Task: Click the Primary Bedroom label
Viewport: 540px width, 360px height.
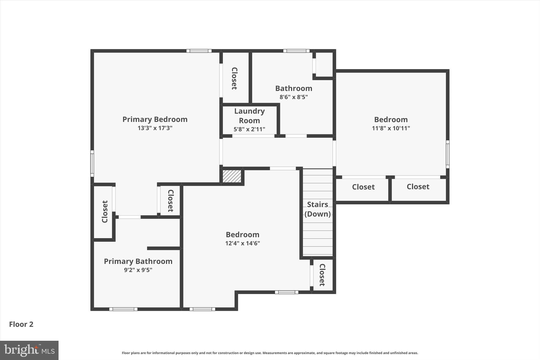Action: click(x=155, y=119)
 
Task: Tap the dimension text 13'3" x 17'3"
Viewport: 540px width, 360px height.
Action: click(x=155, y=128)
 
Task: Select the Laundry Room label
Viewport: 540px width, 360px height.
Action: click(x=249, y=116)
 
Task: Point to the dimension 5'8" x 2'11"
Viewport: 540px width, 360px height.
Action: click(x=249, y=129)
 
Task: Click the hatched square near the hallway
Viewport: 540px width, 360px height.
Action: click(x=232, y=176)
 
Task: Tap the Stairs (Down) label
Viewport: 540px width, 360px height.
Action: click(x=317, y=209)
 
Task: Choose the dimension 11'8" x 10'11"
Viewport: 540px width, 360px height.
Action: click(x=391, y=128)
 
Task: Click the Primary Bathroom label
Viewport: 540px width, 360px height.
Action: click(x=138, y=261)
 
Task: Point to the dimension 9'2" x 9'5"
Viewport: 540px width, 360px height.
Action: click(x=138, y=270)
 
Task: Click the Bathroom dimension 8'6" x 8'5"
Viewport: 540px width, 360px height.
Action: click(x=293, y=97)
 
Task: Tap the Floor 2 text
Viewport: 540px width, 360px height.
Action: click(x=21, y=324)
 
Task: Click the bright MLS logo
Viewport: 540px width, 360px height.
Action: click(x=29, y=350)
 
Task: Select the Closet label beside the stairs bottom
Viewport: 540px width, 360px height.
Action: click(x=322, y=275)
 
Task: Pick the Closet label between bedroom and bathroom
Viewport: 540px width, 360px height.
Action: click(x=234, y=78)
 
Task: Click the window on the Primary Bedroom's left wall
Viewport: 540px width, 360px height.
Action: click(x=92, y=164)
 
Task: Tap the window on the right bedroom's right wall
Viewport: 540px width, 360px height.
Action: click(x=447, y=154)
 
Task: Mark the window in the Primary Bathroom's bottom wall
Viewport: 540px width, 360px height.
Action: click(x=123, y=309)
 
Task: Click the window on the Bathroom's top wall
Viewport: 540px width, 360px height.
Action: click(x=296, y=51)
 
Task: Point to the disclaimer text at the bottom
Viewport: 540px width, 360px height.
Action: click(x=270, y=353)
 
